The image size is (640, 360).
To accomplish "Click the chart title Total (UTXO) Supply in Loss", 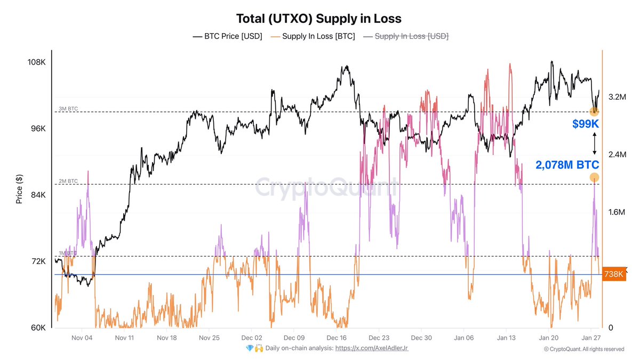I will pos(319,19).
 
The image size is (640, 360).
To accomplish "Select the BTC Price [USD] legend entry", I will pos(227,36).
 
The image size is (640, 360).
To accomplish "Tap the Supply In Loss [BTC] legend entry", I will pos(313,36).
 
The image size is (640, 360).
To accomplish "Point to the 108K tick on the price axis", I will pos(36,62).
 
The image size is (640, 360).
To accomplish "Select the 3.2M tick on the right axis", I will pos(617,97).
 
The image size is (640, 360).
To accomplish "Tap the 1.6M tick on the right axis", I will pos(617,212).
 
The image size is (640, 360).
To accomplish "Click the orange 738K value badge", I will pos(614,275).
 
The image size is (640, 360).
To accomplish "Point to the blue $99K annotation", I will pos(586,124).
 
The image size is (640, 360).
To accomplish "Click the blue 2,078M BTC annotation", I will pos(567,165).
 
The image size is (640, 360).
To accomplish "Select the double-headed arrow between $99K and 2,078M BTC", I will pos(594,144).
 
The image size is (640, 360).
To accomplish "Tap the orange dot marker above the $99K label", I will pos(594,111).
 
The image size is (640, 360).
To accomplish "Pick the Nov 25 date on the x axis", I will pos(209,338).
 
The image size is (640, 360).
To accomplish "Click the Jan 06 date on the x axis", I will pos(463,338).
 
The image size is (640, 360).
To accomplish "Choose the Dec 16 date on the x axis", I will pos(336,338).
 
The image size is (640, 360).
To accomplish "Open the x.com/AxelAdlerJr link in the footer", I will pos(372,348).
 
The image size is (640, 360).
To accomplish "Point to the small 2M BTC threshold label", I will pos(68,181).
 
